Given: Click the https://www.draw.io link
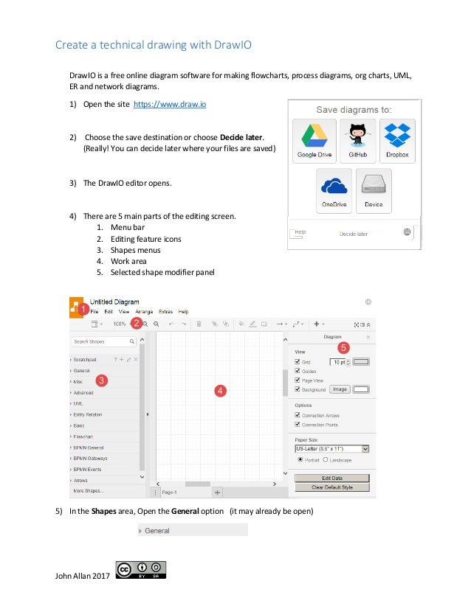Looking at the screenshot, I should (169, 105).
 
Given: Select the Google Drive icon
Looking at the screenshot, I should (314, 139).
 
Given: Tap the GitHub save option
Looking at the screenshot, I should (358, 139).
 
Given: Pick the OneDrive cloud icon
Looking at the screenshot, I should (334, 189).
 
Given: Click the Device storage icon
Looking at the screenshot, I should (374, 189).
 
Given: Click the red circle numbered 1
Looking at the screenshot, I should (83, 308).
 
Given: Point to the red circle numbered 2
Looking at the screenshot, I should (136, 323).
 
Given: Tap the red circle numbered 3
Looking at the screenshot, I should (101, 380).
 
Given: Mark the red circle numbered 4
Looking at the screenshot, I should (219, 390).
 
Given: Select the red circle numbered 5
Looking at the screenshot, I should (343, 346).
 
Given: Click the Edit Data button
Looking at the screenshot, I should (332, 478).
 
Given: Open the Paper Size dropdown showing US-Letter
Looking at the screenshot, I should (331, 448).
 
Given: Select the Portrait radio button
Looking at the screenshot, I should (300, 459).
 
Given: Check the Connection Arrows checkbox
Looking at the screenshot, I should (298, 416).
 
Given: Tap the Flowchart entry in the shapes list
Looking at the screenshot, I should (83, 436).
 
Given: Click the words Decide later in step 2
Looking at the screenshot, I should (240, 136).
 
